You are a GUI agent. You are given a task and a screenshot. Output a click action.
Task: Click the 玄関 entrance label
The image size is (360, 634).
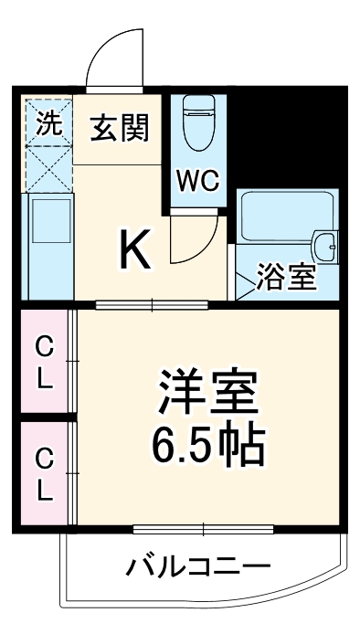click(x=119, y=129)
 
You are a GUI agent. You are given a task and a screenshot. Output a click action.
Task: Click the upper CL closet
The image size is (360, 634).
click(x=43, y=360)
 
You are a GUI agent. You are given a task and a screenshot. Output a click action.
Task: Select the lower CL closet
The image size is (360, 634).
click(x=43, y=475)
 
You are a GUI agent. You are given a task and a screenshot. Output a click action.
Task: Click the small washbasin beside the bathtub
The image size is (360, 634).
click(x=326, y=244)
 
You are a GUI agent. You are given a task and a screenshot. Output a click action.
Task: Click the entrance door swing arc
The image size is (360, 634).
click(x=113, y=56)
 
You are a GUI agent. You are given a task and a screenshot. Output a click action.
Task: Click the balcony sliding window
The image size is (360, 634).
click(x=203, y=529)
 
